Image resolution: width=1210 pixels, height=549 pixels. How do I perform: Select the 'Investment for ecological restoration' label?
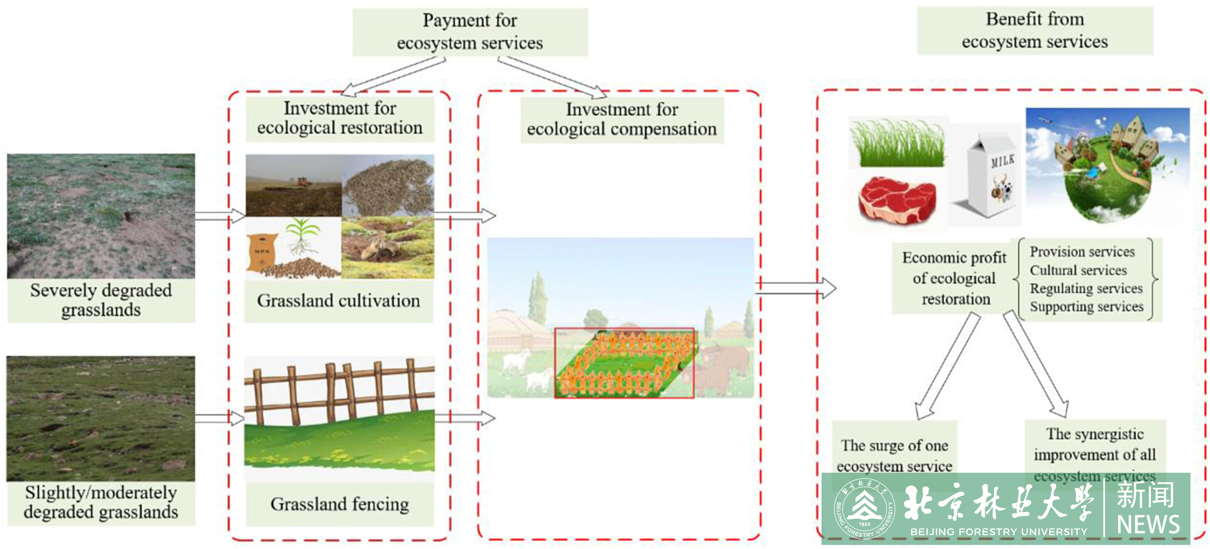tap(340, 118)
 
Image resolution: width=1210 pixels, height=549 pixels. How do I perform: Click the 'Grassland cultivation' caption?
tap(338, 301)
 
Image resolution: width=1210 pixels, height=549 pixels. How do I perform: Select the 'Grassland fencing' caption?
tap(340, 504)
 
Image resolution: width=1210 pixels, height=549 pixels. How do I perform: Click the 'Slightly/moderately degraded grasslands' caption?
tap(101, 502)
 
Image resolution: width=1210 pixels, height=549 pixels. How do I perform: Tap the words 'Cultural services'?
tap(1078, 270)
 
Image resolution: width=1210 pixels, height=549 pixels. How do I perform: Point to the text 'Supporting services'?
tap(1086, 307)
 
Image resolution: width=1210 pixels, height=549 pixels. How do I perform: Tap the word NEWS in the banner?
tap(1148, 524)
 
